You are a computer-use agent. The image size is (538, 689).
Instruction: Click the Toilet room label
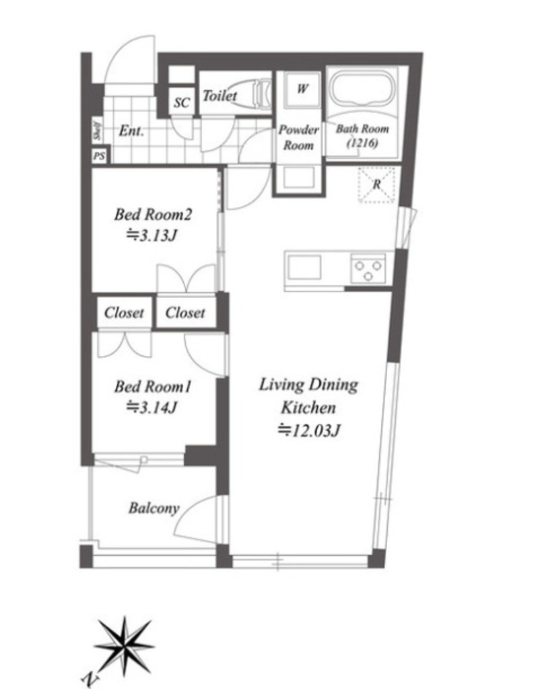[x=220, y=96]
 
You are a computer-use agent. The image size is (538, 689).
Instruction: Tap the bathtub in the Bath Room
[x=361, y=89]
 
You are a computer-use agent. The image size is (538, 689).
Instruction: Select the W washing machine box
[x=302, y=89]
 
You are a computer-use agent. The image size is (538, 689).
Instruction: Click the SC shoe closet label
[x=181, y=103]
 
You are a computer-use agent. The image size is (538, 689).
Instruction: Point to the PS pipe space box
[x=100, y=156]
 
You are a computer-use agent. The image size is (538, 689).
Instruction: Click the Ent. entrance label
[x=131, y=131]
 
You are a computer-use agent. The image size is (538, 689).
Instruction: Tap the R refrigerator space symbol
[x=376, y=184]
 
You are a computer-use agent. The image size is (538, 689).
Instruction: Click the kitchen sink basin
[x=304, y=267]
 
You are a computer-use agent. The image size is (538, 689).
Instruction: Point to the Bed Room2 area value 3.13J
[x=152, y=236]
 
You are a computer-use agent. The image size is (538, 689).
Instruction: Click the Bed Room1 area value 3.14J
[x=152, y=408]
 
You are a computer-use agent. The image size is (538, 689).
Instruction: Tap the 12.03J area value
[x=309, y=430]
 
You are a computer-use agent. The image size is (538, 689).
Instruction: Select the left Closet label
[x=124, y=312]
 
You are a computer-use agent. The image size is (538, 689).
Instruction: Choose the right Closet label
[x=185, y=312]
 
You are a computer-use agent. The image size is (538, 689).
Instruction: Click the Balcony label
[x=154, y=509]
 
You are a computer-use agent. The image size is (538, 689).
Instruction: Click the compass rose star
[x=125, y=646]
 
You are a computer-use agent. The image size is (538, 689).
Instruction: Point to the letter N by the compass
[x=91, y=680]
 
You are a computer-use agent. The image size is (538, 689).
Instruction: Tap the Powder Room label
[x=299, y=137]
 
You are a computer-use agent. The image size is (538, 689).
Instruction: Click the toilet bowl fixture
[x=250, y=93]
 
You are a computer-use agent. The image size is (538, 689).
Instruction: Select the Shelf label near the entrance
[x=97, y=131]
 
